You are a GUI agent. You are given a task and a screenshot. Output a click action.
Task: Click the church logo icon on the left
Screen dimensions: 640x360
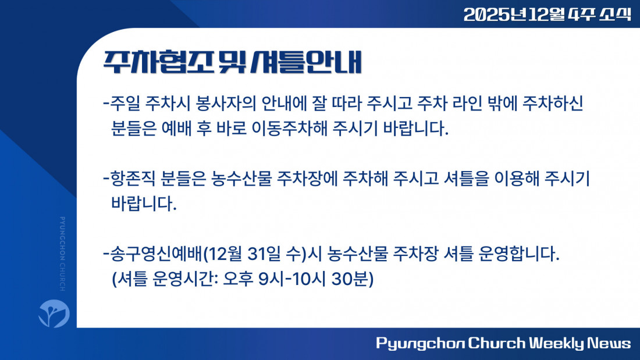54,313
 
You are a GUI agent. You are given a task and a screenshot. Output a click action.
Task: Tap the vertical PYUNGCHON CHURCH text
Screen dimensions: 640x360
62,254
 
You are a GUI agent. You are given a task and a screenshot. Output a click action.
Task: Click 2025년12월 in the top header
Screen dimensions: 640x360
514,15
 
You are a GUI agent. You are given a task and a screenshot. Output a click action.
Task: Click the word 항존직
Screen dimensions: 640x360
133,179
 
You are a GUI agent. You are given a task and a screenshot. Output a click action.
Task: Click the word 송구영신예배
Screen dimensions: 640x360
157,254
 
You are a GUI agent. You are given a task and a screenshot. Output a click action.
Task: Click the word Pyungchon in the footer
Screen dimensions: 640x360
421,344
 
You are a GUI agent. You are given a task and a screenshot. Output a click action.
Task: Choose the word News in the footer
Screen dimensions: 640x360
609,343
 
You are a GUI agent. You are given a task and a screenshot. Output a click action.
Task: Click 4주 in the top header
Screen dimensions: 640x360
581,15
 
